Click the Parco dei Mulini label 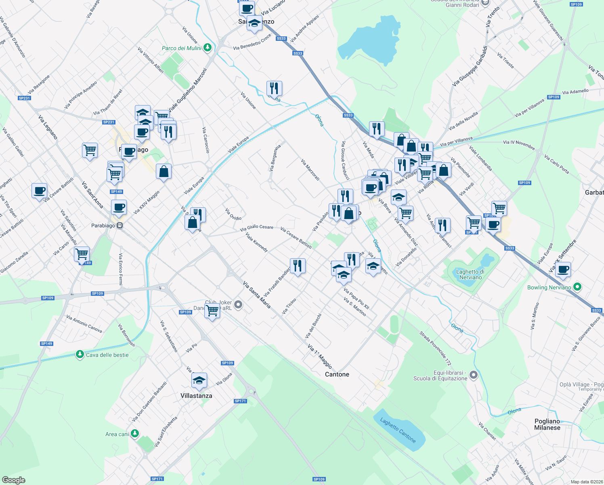click(181, 48)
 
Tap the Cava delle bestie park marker click(80, 355)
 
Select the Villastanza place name click(196, 396)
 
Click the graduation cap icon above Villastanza click(199, 380)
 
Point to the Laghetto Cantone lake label click(398, 430)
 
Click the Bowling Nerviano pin click(577, 287)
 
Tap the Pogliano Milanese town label click(547, 424)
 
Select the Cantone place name click(337, 374)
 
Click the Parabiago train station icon click(120, 226)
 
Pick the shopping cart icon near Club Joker click(212, 310)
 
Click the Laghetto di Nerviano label click(470, 274)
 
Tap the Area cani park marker click(135, 434)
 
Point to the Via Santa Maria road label click(257, 295)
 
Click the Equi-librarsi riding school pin click(474, 375)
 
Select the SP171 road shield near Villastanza click(240, 401)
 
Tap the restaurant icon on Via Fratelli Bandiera click(298, 266)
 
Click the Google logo click(14, 480)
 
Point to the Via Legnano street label click(48, 127)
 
